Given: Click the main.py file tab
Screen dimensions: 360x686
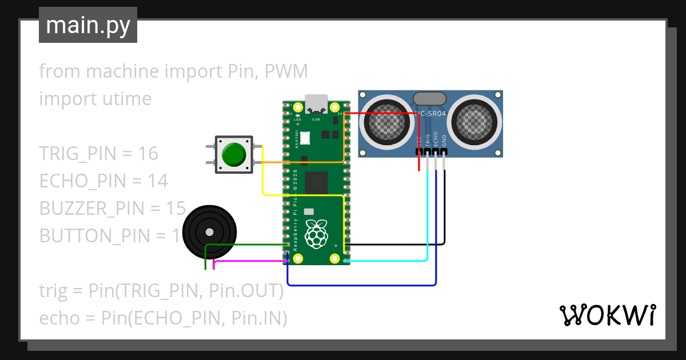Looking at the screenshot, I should click(x=87, y=25).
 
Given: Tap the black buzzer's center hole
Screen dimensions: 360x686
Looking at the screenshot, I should click(x=210, y=232).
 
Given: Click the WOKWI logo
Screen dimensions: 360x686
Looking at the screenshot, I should click(x=607, y=315).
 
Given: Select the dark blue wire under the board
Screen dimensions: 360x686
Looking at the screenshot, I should click(x=360, y=285).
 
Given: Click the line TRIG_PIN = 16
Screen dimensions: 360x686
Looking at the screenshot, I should click(x=98, y=154).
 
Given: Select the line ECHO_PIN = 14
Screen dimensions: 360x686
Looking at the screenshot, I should click(x=103, y=181).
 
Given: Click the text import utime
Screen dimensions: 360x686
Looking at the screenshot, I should click(x=95, y=99).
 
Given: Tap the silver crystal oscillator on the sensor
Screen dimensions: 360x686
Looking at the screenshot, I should click(x=430, y=98).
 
